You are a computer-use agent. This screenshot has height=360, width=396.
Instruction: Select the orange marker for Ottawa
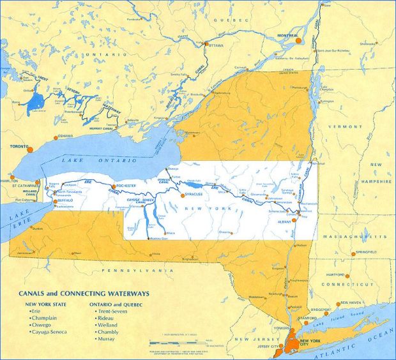(206, 43)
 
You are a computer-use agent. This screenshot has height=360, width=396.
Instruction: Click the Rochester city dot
(113, 186)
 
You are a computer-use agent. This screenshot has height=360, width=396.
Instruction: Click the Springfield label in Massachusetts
(365, 253)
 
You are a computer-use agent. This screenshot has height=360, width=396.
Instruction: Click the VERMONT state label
(336, 127)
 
